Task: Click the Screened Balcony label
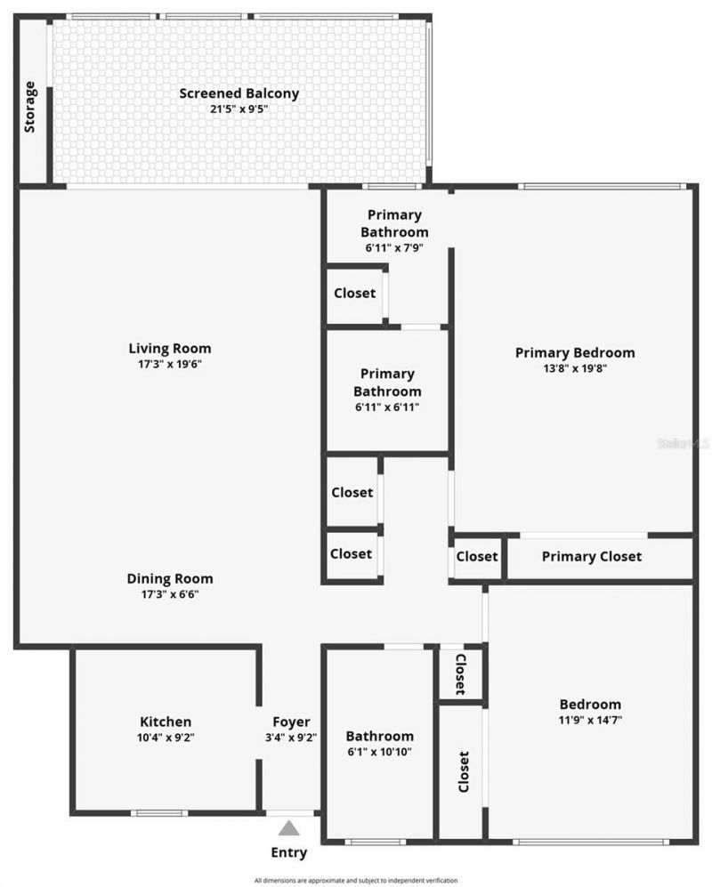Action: click(x=239, y=93)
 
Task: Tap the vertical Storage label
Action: click(x=31, y=108)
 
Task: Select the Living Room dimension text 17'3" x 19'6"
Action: click(x=170, y=364)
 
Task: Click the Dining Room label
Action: click(x=170, y=578)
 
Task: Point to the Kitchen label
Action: click(x=166, y=722)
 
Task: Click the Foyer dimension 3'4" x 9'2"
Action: click(x=291, y=737)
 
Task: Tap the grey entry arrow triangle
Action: click(x=288, y=828)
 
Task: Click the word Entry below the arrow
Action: click(x=288, y=852)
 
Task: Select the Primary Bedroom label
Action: click(x=575, y=352)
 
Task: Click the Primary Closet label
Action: click(x=591, y=557)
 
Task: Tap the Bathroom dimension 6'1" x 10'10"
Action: click(x=380, y=752)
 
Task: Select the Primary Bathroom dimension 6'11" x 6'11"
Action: click(x=386, y=407)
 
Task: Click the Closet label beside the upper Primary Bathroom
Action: click(x=354, y=293)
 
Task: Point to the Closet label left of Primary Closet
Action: click(x=477, y=557)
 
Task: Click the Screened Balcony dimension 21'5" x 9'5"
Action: click(x=239, y=109)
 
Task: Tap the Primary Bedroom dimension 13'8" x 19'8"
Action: click(x=575, y=367)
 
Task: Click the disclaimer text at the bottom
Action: click(x=356, y=879)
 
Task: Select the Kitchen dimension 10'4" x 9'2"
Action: click(x=166, y=737)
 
